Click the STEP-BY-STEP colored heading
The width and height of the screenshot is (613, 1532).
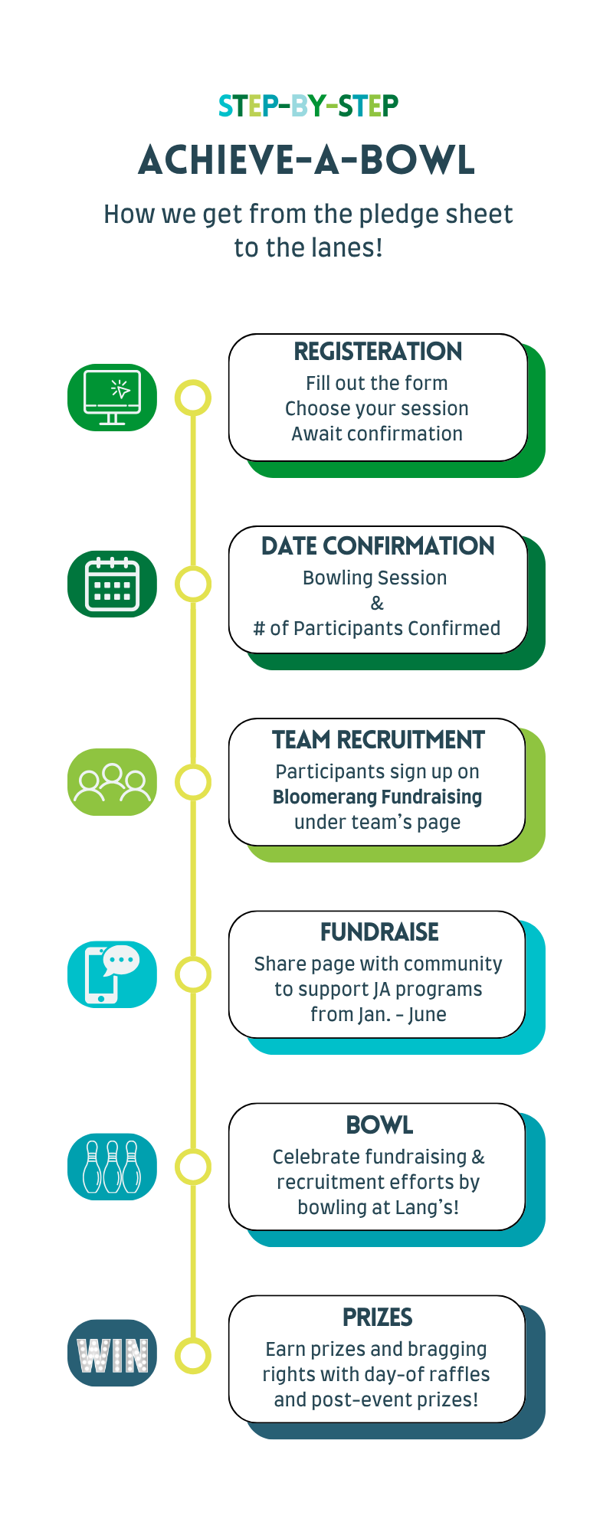[308, 106]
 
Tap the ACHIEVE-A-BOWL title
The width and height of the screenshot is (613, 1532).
[307, 160]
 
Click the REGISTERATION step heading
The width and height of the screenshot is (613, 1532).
[378, 352]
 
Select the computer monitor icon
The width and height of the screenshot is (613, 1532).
[112, 398]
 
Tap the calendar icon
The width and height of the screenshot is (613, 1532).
[112, 584]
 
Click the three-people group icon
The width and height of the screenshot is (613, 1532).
[112, 782]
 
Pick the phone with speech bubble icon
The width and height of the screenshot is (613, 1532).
[112, 974]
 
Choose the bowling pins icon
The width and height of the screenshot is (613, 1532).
[112, 1167]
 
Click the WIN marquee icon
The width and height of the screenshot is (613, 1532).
[112, 1353]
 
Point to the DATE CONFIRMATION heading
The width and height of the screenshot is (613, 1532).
[378, 546]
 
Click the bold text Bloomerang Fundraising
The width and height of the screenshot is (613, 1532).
[377, 797]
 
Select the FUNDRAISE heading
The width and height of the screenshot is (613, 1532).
[379, 932]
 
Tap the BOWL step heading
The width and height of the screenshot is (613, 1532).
[379, 1125]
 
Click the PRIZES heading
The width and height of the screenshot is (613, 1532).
[378, 1318]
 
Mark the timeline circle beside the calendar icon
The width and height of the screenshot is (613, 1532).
[193, 584]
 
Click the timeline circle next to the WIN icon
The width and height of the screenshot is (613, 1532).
[193, 1356]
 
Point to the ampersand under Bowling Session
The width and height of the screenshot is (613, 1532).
[377, 604]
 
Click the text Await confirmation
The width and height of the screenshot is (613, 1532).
[377, 434]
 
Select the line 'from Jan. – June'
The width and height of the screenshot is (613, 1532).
[379, 1014]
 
